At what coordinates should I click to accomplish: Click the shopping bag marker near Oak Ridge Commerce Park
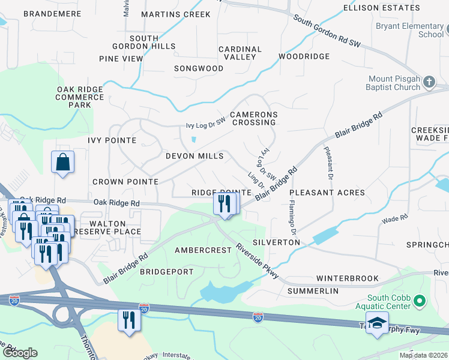(63, 162)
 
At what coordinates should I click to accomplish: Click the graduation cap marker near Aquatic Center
(376, 324)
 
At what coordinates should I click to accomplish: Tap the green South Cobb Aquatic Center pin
(420, 300)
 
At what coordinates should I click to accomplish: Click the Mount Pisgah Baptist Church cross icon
(429, 82)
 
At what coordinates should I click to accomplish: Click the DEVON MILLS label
(194, 156)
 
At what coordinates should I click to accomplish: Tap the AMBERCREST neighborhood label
(202, 250)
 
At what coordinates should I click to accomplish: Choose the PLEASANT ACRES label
(327, 193)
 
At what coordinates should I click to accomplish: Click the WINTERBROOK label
(348, 278)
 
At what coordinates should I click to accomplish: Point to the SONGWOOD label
(199, 68)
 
